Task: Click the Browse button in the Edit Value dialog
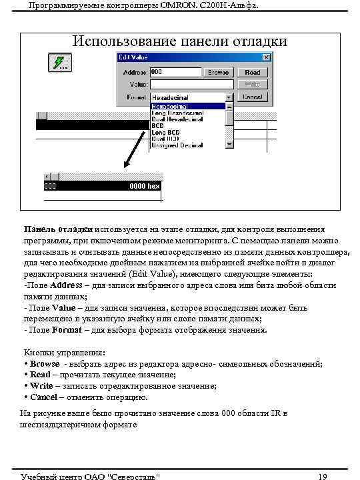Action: coord(219,72)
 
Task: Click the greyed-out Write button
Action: coord(253,85)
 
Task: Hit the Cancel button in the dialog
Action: coord(253,97)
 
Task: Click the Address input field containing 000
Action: coord(176,72)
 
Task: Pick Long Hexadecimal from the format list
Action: coord(178,113)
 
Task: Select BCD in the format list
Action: coord(158,125)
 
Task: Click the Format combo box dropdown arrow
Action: coord(229,97)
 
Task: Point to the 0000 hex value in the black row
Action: coord(144,186)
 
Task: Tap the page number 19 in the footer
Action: coord(323,476)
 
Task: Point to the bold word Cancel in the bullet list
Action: coord(44,397)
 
